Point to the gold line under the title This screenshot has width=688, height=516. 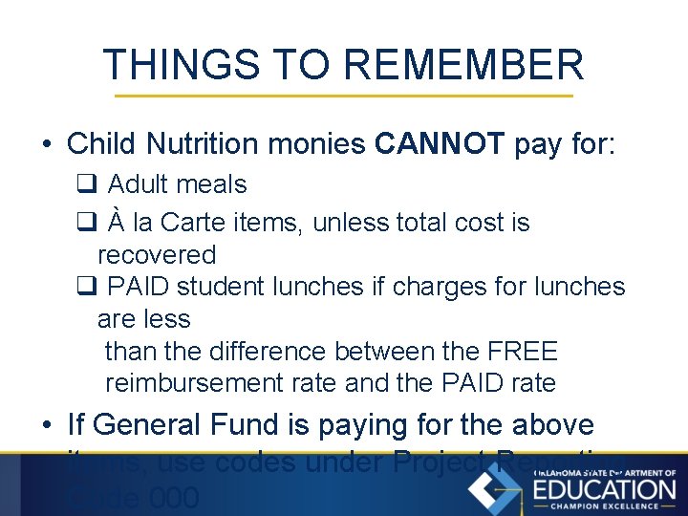tap(344, 97)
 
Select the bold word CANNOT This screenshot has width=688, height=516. tap(440, 144)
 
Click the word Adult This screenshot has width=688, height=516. tap(140, 184)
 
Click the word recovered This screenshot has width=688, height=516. tap(157, 255)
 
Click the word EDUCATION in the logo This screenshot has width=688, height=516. tap(603, 489)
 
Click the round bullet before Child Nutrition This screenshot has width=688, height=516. tap(46, 145)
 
